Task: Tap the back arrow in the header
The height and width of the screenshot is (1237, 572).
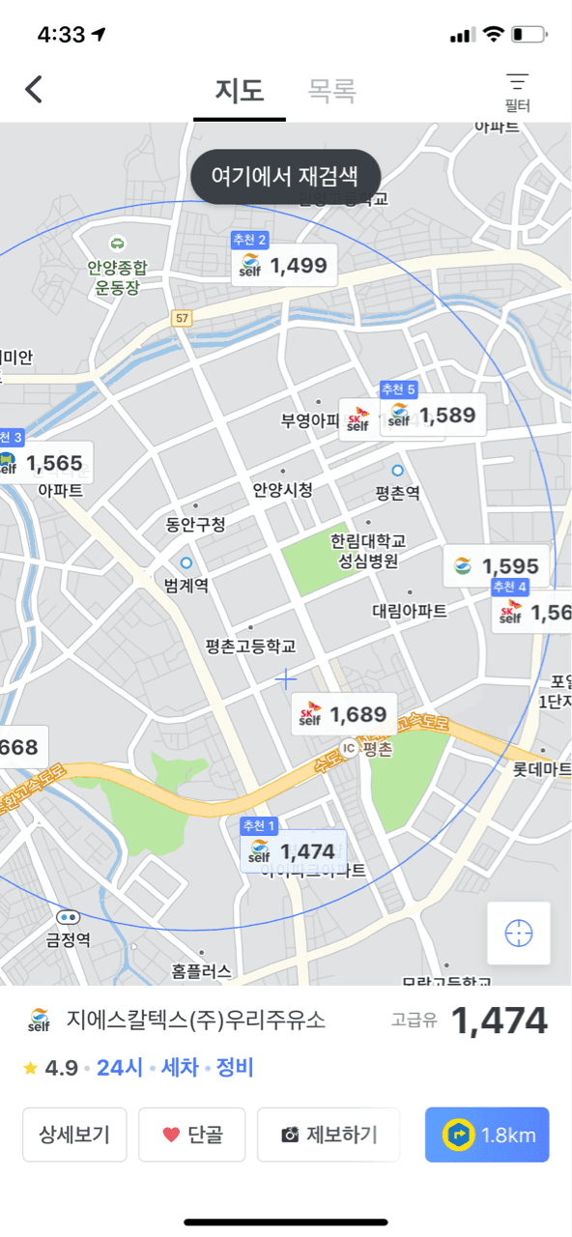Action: tap(34, 90)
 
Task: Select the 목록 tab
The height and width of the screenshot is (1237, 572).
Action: tap(331, 91)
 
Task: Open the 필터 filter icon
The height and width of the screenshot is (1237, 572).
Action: tap(518, 91)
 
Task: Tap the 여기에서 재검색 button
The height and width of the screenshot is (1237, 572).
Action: tap(285, 177)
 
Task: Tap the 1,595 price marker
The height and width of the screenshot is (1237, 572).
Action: tap(498, 566)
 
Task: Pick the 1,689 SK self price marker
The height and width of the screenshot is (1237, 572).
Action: tap(344, 715)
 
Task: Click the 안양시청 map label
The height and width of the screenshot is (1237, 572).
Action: tap(283, 490)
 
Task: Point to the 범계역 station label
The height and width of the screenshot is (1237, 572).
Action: tap(186, 585)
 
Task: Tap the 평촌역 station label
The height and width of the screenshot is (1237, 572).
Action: tap(397, 493)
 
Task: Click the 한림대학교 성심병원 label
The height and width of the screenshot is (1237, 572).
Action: tap(368, 550)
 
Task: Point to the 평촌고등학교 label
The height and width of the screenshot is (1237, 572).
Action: tap(251, 646)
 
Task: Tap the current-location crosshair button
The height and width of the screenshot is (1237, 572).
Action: tap(519, 933)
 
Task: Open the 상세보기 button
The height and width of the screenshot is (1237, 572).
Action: tap(74, 1135)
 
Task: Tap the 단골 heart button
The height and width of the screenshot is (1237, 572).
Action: tap(191, 1135)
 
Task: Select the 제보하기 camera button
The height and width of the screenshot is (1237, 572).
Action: tap(329, 1135)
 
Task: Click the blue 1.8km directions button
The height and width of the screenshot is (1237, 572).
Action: tap(487, 1135)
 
